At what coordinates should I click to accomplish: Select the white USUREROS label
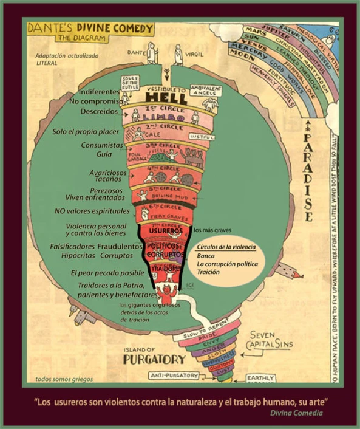[165, 231]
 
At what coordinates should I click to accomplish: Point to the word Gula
[104, 154]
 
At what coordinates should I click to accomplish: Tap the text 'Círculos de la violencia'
[225, 248]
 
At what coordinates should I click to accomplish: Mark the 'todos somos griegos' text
[64, 379]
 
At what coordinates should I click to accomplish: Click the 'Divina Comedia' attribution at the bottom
[297, 413]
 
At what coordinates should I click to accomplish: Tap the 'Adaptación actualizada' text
[64, 56]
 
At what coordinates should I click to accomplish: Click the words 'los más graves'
[211, 231]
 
